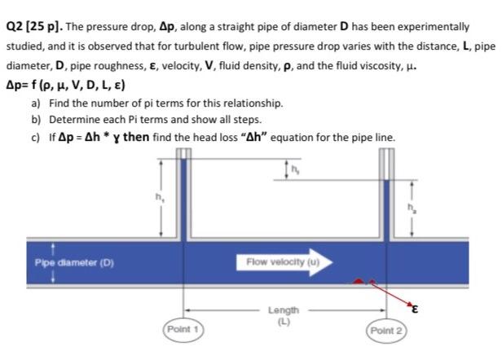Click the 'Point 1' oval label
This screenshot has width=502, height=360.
[x=183, y=329]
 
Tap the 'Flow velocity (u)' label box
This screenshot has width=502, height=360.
[x=277, y=261]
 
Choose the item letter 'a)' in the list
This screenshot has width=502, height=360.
[x=36, y=104]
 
